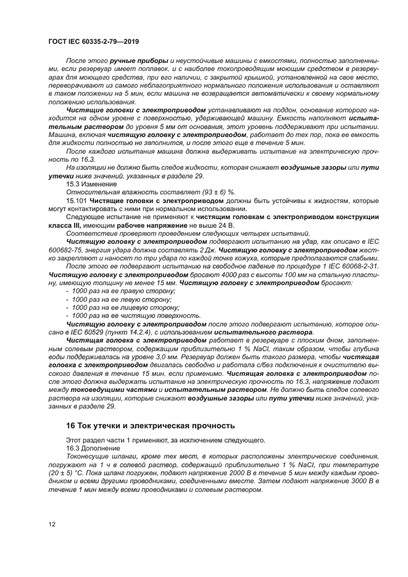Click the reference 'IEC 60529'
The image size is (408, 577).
coord(85,332)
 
